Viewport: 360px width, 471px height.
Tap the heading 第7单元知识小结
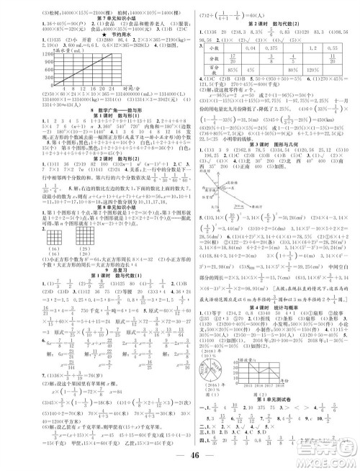point(91,14)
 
